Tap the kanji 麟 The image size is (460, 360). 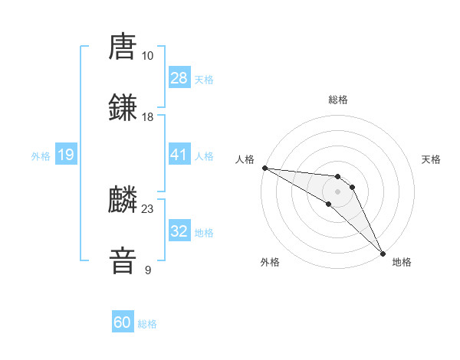(x=123, y=201)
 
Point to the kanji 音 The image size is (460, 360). (x=123, y=262)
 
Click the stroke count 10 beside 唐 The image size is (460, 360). (x=147, y=56)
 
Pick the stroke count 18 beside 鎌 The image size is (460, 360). (x=147, y=117)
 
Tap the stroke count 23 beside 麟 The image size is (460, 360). (x=147, y=208)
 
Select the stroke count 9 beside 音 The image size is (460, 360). (x=147, y=270)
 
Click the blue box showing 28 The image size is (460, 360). (x=179, y=78)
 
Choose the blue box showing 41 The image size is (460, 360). (x=179, y=155)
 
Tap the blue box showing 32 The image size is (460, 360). (x=179, y=231)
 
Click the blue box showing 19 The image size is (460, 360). (x=66, y=155)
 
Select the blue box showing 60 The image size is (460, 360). (x=123, y=322)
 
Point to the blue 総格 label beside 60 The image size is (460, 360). (x=147, y=324)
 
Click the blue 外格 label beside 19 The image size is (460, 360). (x=41, y=156)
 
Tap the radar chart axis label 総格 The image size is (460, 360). (x=338, y=100)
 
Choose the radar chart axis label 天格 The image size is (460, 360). (x=431, y=159)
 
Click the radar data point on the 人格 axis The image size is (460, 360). (x=264, y=168)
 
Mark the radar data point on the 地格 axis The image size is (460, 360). (x=383, y=252)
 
